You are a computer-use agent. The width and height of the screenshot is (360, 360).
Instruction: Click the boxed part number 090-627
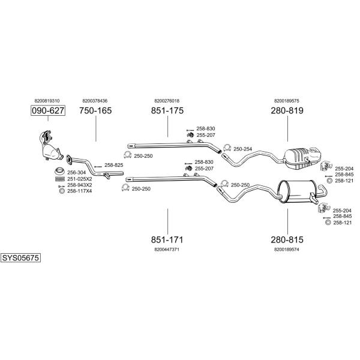point(48,110)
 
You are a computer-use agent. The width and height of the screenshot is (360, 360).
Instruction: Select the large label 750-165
point(95,110)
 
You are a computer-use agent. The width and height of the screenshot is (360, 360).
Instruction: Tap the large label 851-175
point(167,110)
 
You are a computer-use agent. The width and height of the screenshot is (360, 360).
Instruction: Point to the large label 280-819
point(287,110)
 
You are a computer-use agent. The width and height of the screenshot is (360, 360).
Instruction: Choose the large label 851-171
point(167,239)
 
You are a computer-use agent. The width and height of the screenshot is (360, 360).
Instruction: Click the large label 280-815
point(287,239)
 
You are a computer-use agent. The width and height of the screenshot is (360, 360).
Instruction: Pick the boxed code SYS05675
point(20,258)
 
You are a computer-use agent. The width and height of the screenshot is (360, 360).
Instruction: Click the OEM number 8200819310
point(47,101)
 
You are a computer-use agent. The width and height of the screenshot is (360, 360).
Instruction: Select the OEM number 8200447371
point(167,250)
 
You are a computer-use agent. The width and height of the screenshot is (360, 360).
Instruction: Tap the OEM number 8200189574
point(287,250)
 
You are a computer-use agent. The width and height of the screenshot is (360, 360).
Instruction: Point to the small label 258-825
point(114,165)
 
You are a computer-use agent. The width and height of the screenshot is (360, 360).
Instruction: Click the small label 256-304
point(77,172)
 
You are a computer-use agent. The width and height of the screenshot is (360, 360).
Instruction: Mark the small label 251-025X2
point(80,179)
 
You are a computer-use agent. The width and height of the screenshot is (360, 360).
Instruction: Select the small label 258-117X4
point(80,191)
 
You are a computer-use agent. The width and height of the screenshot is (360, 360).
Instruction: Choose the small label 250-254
point(242,149)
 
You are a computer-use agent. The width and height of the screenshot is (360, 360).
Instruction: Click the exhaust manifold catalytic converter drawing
point(50,146)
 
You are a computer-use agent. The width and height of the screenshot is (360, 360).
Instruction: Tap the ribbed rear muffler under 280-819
point(302,158)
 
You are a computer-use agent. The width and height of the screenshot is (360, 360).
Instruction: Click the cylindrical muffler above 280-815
point(296,192)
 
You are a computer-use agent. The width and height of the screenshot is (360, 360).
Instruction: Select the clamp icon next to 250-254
point(227,148)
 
